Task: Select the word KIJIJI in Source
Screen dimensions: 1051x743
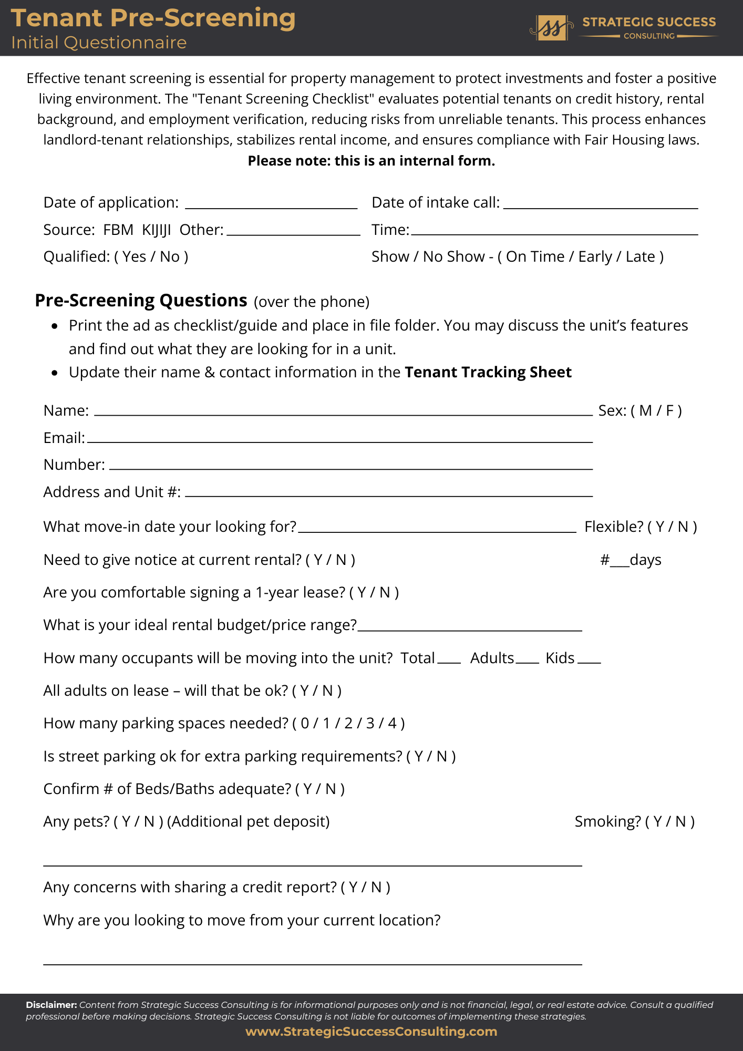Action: click(x=157, y=230)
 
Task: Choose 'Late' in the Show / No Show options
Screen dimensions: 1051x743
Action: click(x=640, y=257)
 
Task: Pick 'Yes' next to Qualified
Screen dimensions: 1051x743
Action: click(x=134, y=257)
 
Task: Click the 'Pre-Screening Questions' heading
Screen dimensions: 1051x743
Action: click(x=141, y=301)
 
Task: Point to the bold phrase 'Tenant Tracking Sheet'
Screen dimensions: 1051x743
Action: click(x=488, y=373)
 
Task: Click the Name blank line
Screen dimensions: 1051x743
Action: click(x=343, y=413)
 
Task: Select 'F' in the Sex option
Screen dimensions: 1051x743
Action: click(x=670, y=411)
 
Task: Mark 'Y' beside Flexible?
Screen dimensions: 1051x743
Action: click(x=660, y=527)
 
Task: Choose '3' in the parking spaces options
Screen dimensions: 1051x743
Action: click(x=370, y=724)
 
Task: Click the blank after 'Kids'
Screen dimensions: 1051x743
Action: click(x=589, y=661)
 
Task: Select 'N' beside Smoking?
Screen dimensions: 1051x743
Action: click(x=680, y=822)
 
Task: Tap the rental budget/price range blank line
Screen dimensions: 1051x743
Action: click(x=470, y=628)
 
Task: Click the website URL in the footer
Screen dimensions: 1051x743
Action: click(x=371, y=1032)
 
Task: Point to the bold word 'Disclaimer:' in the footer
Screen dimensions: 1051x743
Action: click(x=51, y=1005)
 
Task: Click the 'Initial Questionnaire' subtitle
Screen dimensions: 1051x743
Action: click(x=99, y=43)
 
